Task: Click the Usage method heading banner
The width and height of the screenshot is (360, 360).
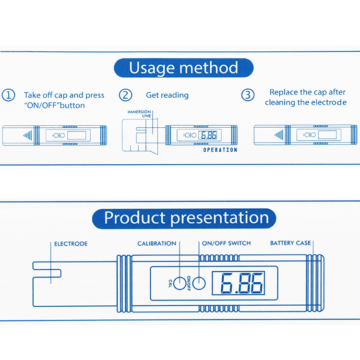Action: pos(183,68)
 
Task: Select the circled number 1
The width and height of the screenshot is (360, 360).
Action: pos(9,95)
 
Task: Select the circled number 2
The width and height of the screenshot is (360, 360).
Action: pos(126,95)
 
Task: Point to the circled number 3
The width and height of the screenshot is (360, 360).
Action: pos(247,95)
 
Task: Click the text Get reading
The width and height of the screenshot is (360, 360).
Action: pos(167,96)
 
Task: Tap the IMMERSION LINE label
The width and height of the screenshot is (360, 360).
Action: pos(139,114)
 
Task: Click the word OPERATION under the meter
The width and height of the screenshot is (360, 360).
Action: pos(220,150)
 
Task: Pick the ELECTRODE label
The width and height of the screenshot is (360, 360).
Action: pos(71,244)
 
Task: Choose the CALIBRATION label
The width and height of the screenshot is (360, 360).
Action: pos(156,243)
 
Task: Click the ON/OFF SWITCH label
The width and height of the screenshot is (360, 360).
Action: pos(226,243)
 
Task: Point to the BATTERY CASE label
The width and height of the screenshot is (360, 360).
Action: pos(290,243)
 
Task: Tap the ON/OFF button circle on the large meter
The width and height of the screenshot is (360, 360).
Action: pos(199,283)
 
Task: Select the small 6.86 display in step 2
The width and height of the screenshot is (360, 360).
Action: pos(209,135)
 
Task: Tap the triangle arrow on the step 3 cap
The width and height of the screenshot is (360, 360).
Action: pos(278,135)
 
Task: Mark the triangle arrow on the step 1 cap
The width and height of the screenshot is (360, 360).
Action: pos(28,135)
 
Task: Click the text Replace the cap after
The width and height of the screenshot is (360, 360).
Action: pos(307,92)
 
